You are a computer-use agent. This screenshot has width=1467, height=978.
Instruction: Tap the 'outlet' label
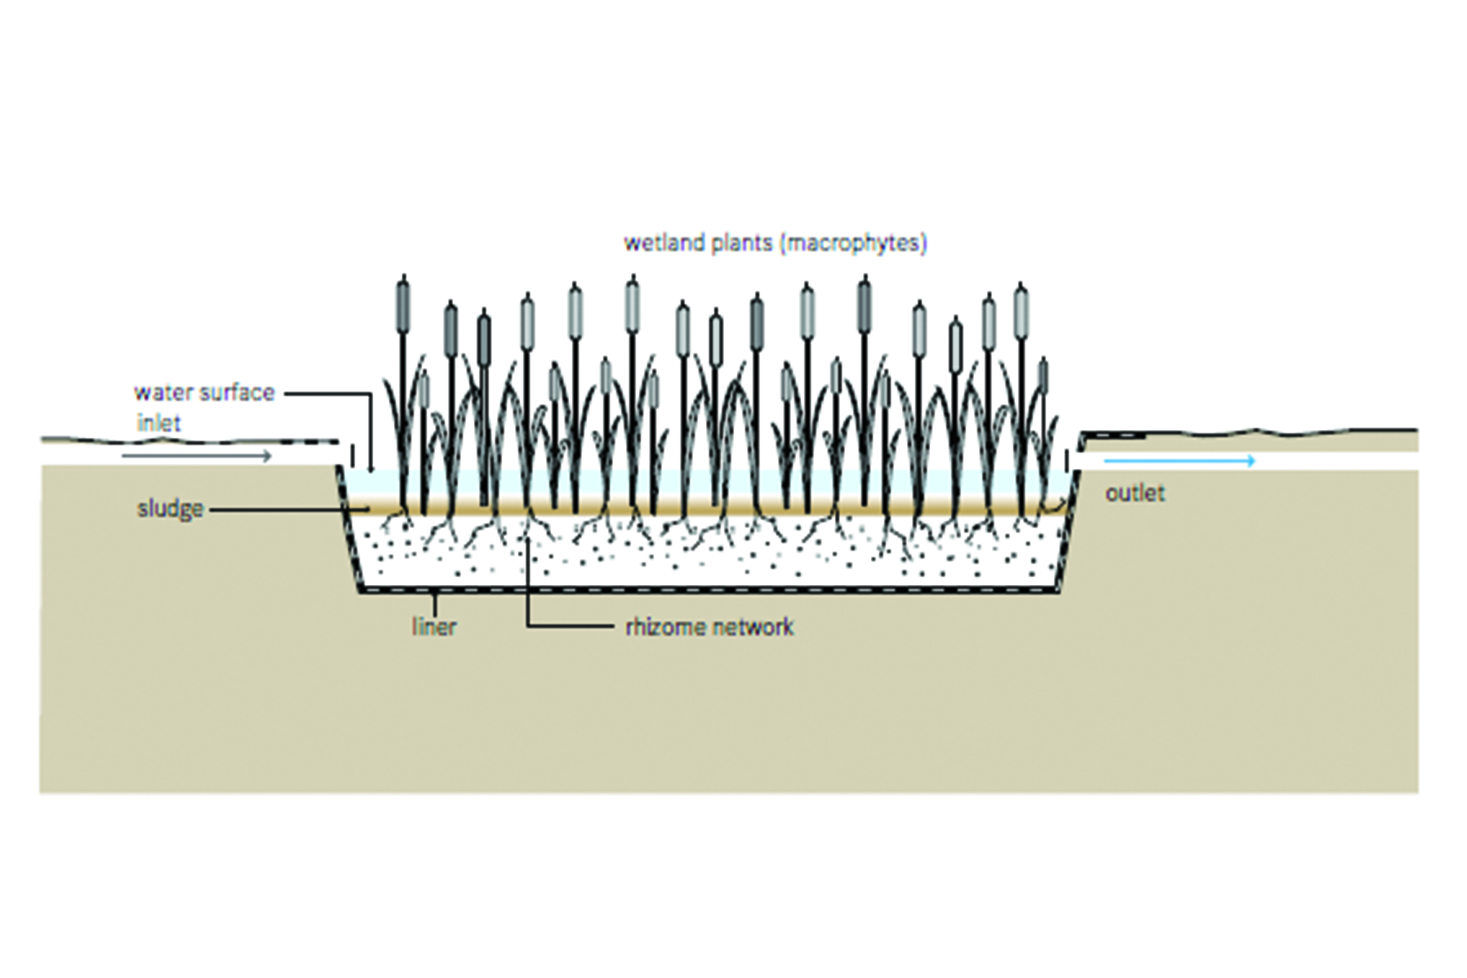(1135, 494)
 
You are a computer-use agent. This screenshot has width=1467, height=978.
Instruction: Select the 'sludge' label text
(170, 509)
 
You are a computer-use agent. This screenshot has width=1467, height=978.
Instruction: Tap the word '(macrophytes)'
(854, 242)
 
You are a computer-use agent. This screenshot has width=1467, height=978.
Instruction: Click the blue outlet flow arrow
(1179, 461)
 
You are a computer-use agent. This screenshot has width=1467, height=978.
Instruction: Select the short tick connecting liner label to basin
(435, 604)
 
